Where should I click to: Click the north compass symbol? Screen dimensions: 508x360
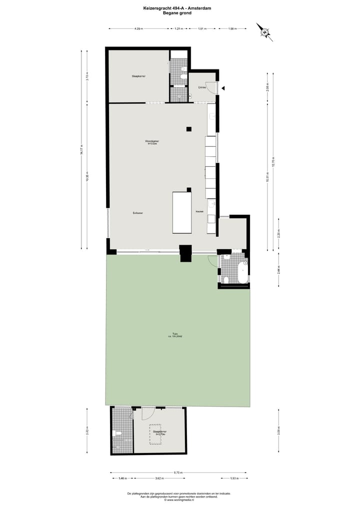click(x=264, y=31)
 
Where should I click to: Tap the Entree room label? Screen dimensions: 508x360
click(x=202, y=87)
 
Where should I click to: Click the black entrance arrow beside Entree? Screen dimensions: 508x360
click(x=223, y=88)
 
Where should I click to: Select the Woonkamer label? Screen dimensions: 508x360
click(x=152, y=142)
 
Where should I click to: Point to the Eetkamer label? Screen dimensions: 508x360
click(x=138, y=213)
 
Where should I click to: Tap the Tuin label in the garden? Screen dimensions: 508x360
click(x=175, y=334)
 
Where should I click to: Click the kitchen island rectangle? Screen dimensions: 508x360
click(x=182, y=212)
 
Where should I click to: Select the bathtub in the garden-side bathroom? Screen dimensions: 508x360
click(x=243, y=272)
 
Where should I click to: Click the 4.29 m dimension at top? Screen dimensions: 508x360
click(x=138, y=28)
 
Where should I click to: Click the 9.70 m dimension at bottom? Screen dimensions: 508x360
click(x=178, y=472)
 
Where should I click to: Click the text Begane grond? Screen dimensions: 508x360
click(x=177, y=13)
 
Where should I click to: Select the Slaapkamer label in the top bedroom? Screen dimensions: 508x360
click(x=138, y=76)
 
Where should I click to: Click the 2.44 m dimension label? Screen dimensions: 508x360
click(x=279, y=270)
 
